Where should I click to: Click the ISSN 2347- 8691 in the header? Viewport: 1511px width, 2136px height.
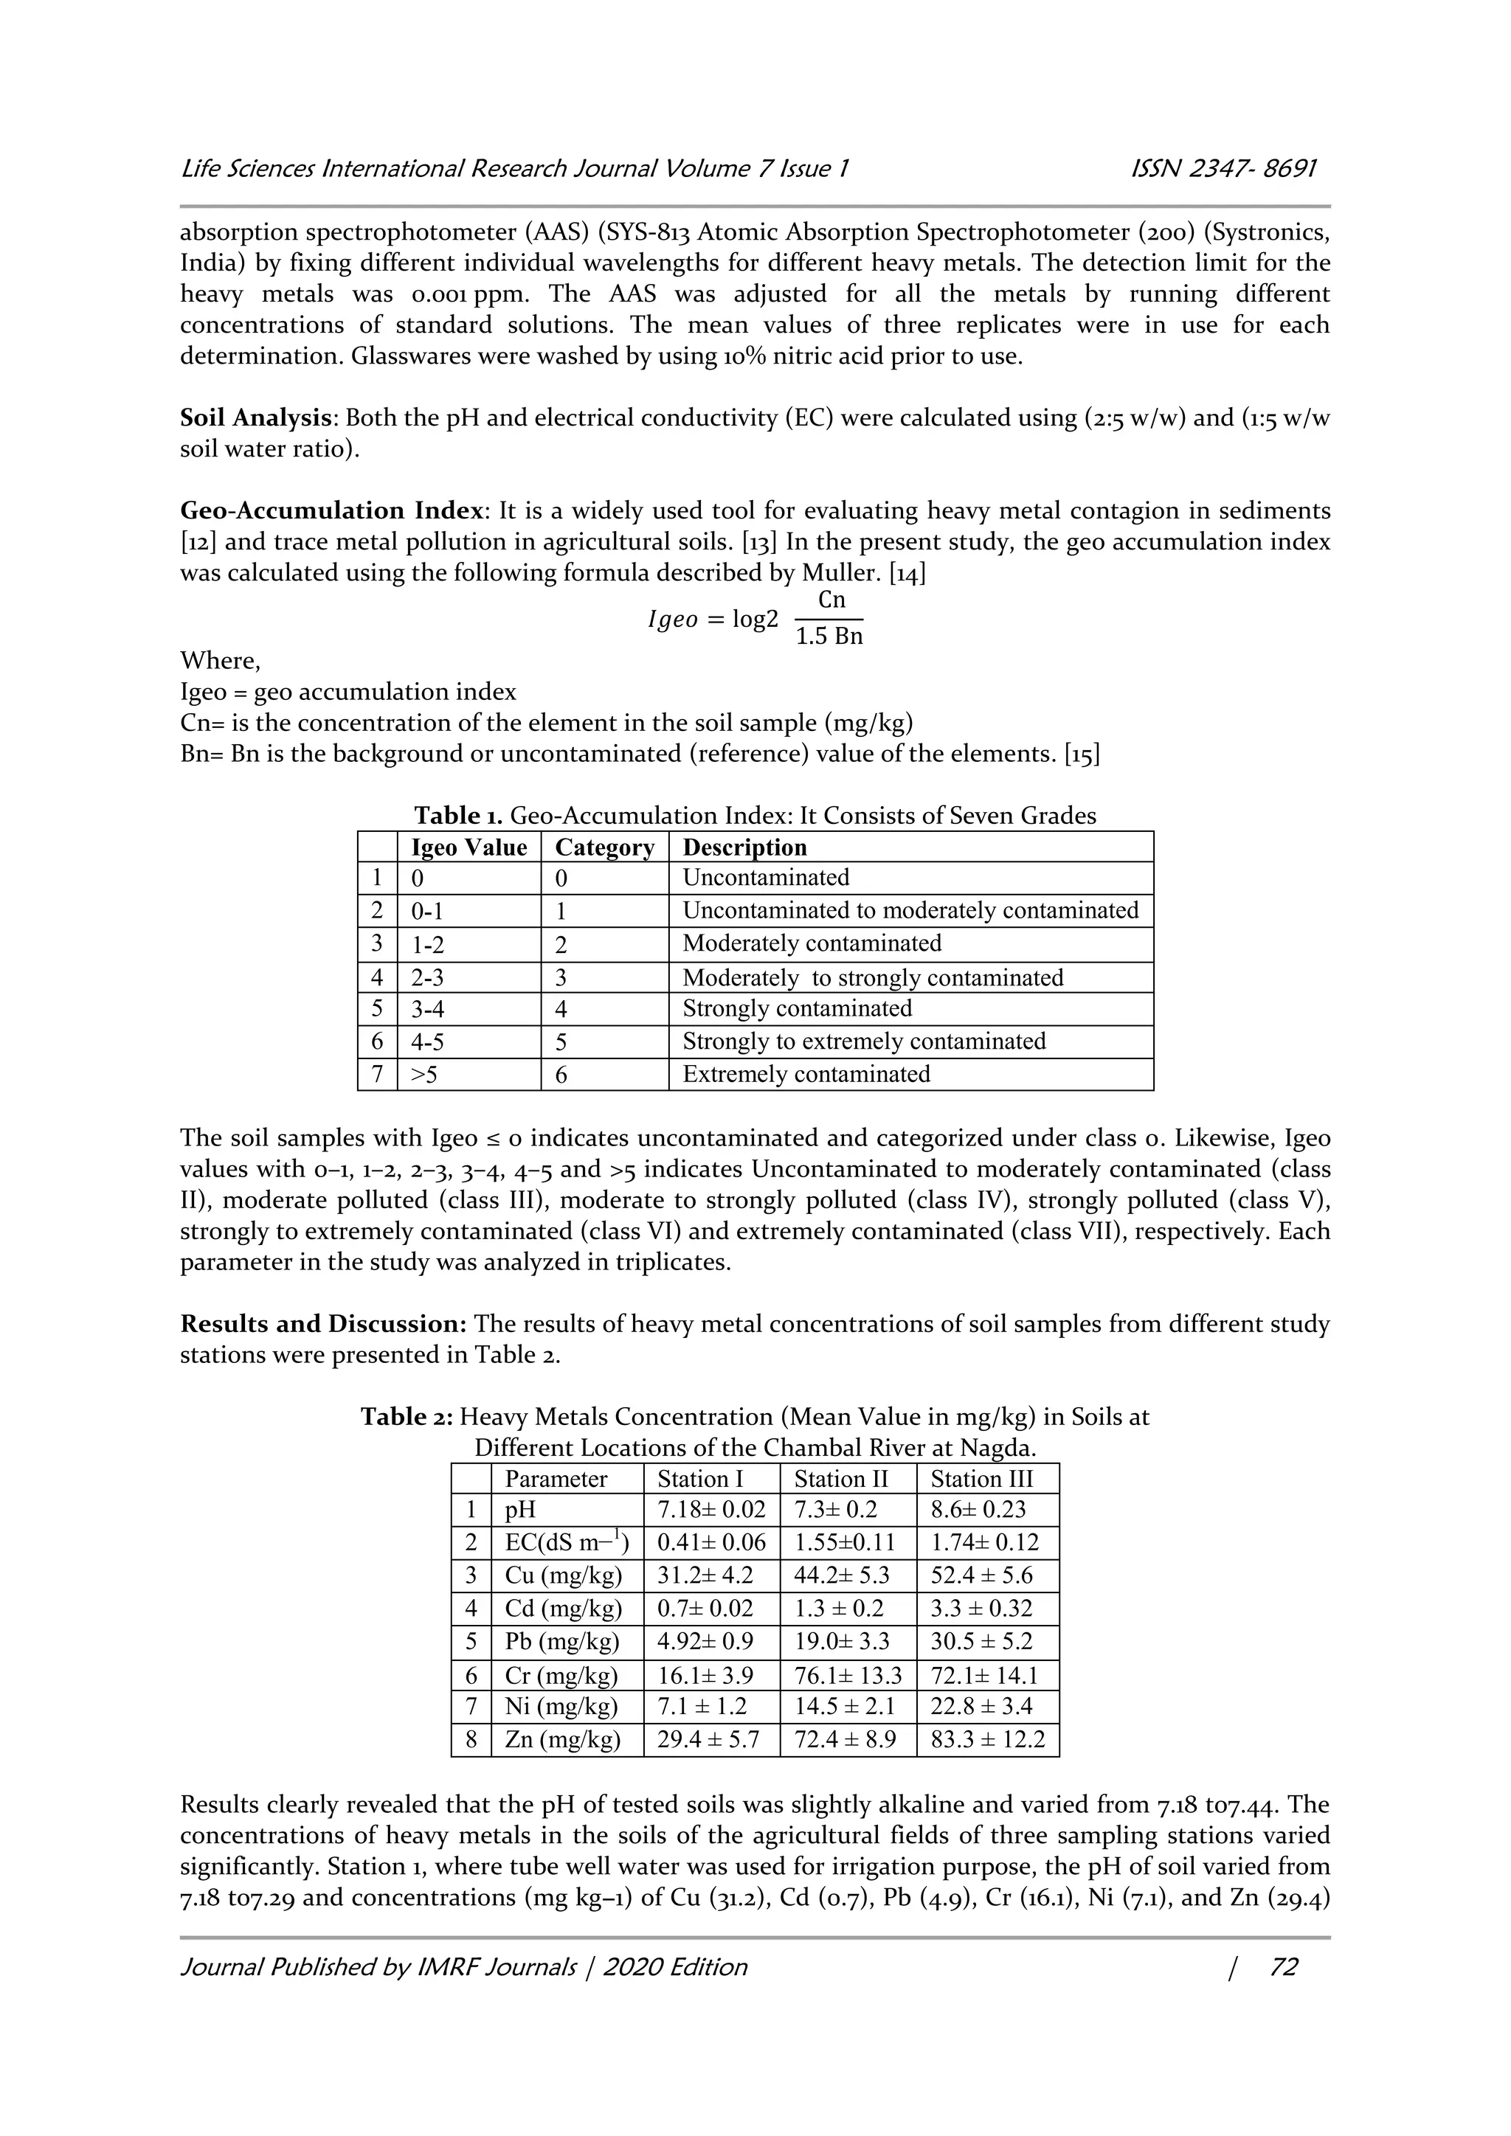coord(1222,170)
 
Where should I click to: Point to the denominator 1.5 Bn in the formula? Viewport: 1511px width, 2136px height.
coord(829,637)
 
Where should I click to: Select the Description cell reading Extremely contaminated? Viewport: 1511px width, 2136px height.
coord(806,1075)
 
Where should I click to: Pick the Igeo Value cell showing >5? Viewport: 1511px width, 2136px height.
coord(424,1075)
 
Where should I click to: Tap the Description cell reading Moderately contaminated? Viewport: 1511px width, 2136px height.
coord(812,943)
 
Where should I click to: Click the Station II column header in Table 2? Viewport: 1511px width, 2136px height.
coord(840,1480)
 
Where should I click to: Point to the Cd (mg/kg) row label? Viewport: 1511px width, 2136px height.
coord(562,1609)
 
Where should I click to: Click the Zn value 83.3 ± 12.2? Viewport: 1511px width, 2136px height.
coord(987,1740)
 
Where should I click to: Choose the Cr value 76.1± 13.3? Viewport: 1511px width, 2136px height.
coord(848,1676)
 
